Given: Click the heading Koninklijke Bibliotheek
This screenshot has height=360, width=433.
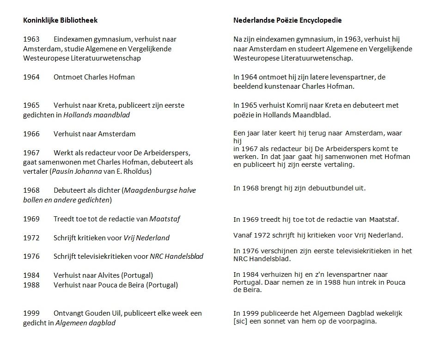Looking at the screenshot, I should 60,20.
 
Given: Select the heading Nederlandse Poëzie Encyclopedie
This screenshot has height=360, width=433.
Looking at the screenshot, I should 287,20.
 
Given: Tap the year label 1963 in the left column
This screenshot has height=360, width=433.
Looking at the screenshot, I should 31,39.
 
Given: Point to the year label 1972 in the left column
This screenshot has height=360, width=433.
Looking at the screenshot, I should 31,238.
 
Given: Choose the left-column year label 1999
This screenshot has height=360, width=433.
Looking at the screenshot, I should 31,313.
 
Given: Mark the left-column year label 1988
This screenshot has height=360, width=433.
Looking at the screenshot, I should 31,285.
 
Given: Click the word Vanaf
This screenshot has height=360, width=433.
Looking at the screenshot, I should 243,235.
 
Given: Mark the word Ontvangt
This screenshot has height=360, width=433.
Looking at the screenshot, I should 68,313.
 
